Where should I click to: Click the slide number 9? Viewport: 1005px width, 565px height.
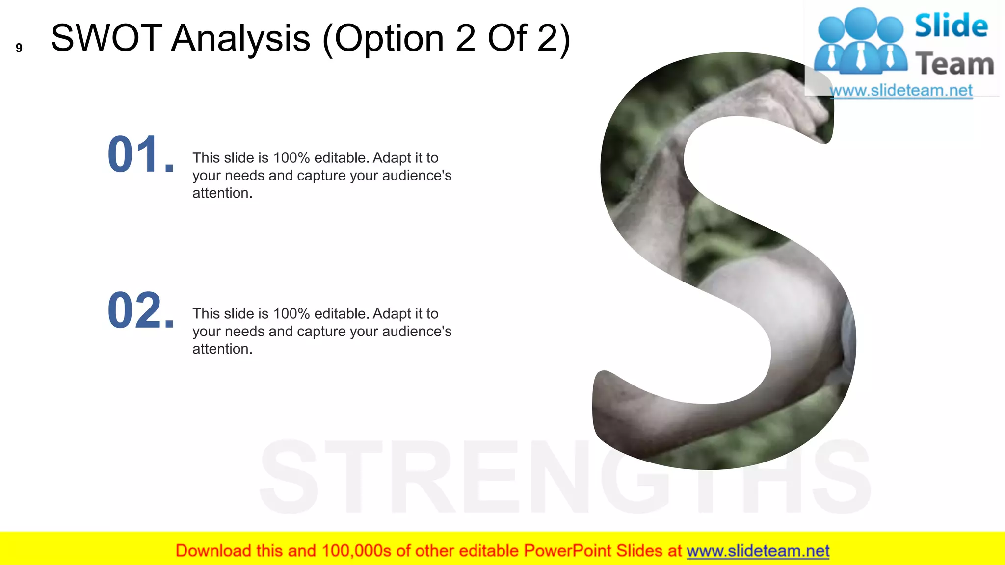point(19,48)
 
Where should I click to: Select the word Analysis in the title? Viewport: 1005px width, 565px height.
point(240,39)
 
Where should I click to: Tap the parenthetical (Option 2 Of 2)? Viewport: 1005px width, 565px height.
point(446,39)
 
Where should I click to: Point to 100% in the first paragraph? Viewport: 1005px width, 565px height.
point(291,158)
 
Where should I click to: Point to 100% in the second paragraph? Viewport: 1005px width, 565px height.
point(291,314)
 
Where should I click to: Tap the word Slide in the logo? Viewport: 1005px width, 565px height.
point(951,26)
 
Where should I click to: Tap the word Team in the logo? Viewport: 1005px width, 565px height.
point(954,64)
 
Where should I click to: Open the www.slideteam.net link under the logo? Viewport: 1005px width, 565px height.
point(901,91)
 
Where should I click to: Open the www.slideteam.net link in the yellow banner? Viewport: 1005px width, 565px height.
point(758,551)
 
